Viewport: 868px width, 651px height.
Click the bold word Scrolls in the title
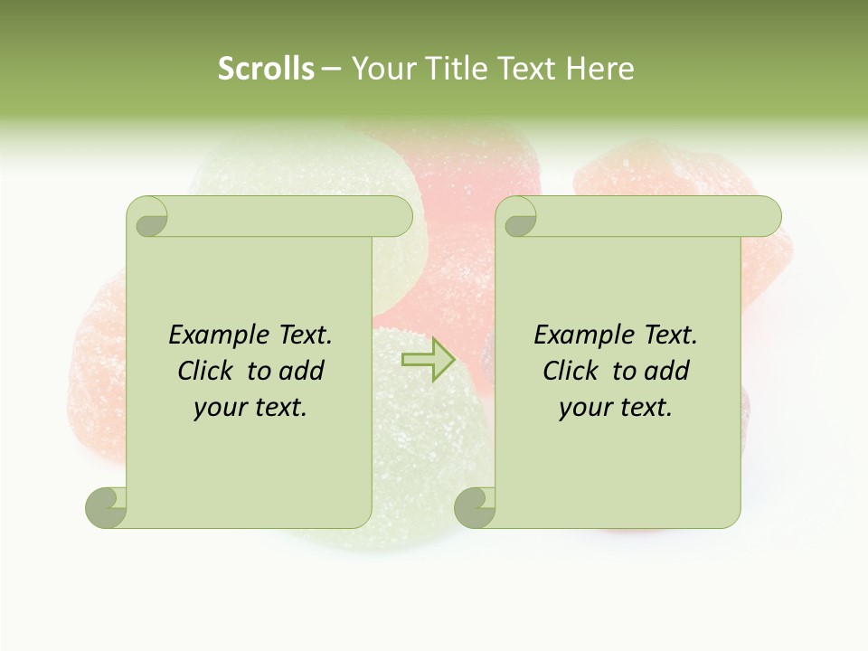click(266, 69)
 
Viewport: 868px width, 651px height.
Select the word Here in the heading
click(600, 69)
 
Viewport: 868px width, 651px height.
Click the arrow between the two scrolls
click(428, 360)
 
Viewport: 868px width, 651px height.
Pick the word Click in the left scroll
click(206, 371)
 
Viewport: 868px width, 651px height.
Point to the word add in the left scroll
click(301, 371)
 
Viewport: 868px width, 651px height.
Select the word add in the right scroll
click(666, 371)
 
